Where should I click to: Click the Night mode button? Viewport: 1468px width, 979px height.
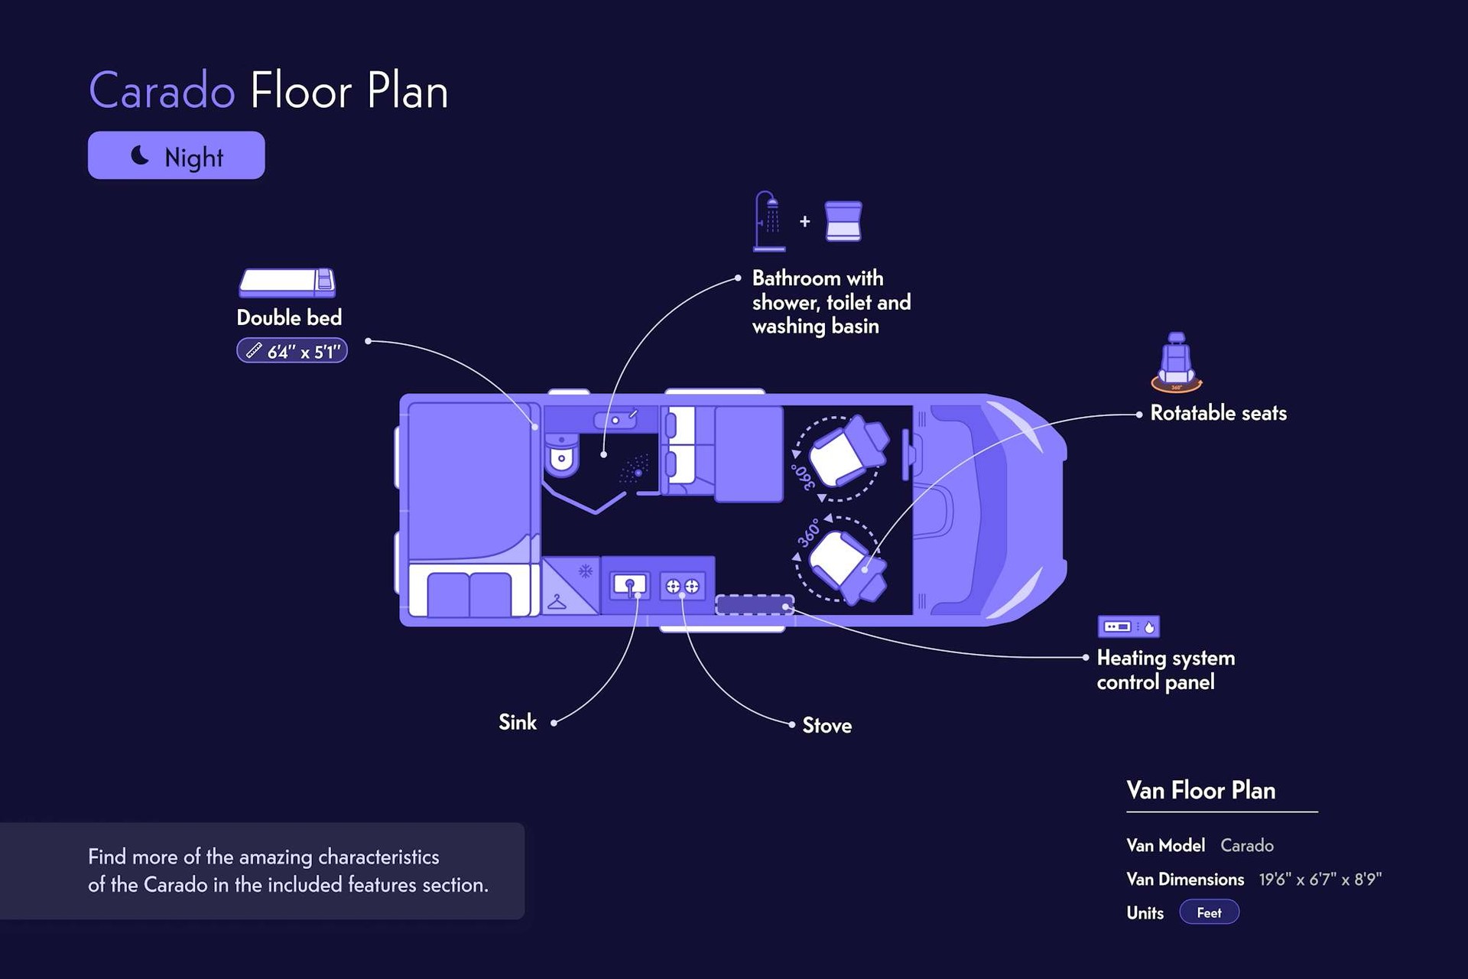pyautogui.click(x=177, y=155)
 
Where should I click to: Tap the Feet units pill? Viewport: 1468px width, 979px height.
pyautogui.click(x=1209, y=912)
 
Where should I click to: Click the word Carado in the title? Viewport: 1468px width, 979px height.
pyautogui.click(x=162, y=91)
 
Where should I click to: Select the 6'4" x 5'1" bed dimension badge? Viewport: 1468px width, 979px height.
pyautogui.click(x=292, y=351)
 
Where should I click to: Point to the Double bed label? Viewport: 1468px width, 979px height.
pyautogui.click(x=289, y=317)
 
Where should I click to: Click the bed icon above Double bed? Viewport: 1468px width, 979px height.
pyautogui.click(x=287, y=282)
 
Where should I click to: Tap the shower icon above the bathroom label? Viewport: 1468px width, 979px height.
pyautogui.click(x=768, y=221)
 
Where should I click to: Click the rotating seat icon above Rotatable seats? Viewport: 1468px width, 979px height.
pyautogui.click(x=1177, y=363)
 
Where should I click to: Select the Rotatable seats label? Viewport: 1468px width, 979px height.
pyautogui.click(x=1218, y=413)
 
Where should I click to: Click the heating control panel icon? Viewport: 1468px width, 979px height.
pyautogui.click(x=1129, y=626)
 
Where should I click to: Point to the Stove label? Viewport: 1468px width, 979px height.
pyautogui.click(x=827, y=725)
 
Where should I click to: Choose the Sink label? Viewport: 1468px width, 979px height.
pyautogui.click(x=518, y=722)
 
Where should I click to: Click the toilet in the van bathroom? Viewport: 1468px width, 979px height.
pyautogui.click(x=563, y=455)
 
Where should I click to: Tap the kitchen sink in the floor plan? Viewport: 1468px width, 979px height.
pyautogui.click(x=630, y=587)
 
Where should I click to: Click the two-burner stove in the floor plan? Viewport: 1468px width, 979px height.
pyautogui.click(x=682, y=587)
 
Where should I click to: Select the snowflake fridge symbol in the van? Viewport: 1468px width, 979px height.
pyautogui.click(x=586, y=571)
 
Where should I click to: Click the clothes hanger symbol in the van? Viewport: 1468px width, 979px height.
pyautogui.click(x=557, y=602)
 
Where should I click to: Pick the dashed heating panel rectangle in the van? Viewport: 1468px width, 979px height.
pyautogui.click(x=755, y=605)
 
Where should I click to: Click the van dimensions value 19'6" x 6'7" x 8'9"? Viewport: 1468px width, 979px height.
pyautogui.click(x=1320, y=880)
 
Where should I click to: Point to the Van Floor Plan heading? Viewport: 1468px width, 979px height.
pyautogui.click(x=1200, y=790)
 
